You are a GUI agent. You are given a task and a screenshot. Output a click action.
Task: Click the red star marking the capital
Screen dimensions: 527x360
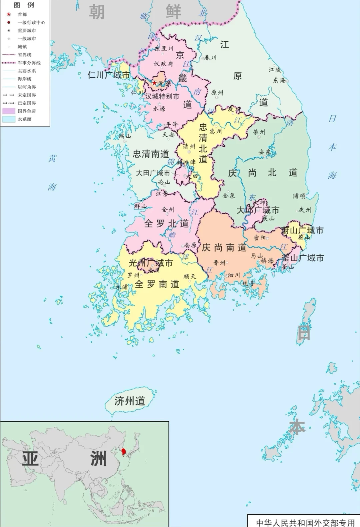(154, 83)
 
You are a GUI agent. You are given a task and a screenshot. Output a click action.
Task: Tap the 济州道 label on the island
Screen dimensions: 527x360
(130, 401)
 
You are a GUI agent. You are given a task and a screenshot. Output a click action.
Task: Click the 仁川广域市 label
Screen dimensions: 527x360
(108, 75)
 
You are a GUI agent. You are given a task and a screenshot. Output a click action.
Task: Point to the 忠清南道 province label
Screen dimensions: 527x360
(151, 154)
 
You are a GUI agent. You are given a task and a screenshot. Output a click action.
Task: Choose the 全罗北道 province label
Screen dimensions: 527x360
(166, 223)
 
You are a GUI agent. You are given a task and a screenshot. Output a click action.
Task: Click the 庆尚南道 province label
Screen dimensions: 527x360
(224, 248)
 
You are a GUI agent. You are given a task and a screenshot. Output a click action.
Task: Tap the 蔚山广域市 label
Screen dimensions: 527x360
(302, 230)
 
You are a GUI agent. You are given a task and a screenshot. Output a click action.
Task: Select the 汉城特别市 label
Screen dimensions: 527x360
(162, 96)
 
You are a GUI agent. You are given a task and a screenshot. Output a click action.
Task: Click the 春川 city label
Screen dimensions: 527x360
(210, 58)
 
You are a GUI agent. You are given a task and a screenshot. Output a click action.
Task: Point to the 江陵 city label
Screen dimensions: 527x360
(275, 69)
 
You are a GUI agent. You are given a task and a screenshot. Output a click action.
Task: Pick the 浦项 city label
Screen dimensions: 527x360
(299, 196)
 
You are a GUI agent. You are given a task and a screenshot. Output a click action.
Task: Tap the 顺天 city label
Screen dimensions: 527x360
(190, 276)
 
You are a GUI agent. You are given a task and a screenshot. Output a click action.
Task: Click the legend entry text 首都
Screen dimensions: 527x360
(22, 14)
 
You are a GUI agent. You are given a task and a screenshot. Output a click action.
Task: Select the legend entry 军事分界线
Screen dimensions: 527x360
(29, 63)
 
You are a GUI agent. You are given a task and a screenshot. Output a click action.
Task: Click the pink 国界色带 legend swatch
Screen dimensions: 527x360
(9, 111)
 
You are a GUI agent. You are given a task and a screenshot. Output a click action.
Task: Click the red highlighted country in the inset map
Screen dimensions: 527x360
(124, 452)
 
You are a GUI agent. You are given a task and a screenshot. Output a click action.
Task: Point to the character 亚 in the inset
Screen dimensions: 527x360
(30, 459)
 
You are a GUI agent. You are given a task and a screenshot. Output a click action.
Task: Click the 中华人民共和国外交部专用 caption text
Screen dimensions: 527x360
(305, 522)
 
